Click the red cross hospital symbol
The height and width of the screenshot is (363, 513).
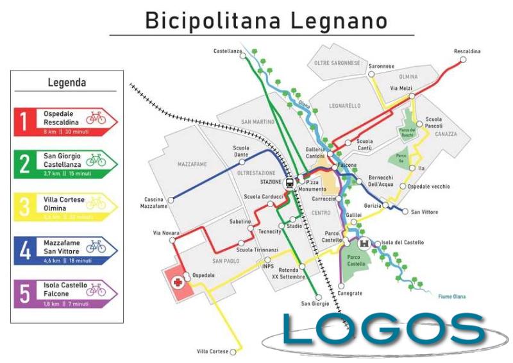176,280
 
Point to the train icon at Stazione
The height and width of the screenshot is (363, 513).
290,182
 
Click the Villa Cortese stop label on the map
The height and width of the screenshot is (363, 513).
212,351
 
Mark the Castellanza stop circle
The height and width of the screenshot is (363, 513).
243,56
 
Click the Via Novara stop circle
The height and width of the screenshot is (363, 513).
171,241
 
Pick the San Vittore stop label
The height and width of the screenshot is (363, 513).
425,212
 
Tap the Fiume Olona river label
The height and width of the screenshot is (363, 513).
452,296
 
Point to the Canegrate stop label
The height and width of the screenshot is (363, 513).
350,293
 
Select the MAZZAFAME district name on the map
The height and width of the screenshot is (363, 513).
192,165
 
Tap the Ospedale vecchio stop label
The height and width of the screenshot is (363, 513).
429,187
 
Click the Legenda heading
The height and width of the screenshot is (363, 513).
67,83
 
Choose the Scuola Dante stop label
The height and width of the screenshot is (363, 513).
240,151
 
